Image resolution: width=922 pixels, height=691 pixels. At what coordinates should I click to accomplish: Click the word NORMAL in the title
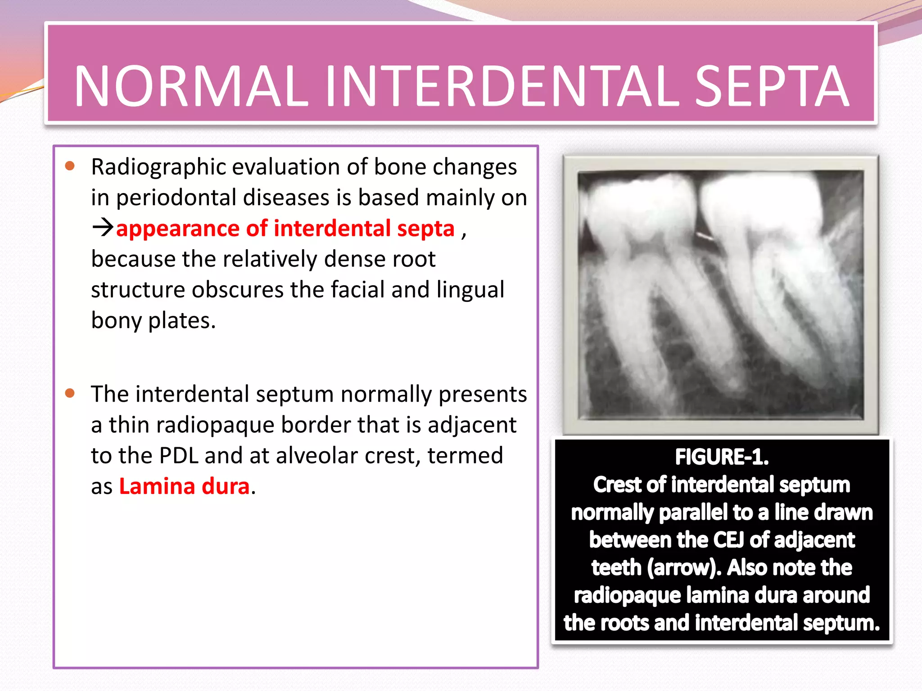tap(191, 86)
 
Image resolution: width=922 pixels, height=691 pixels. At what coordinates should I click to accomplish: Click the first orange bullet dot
tap(70, 166)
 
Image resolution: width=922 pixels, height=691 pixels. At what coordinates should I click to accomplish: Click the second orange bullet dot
tap(70, 393)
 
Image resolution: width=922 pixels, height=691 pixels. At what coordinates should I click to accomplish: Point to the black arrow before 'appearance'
tap(103, 228)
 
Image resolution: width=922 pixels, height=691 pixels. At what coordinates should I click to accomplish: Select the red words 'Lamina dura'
tap(184, 486)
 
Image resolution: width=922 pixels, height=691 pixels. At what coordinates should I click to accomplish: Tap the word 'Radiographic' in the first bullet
tap(158, 167)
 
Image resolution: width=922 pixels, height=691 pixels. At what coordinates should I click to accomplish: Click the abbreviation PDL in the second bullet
tap(179, 455)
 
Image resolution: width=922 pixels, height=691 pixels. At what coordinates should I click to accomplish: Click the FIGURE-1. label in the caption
tap(722, 457)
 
